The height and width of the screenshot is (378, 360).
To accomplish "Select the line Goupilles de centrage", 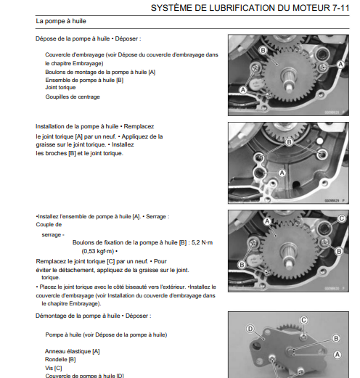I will coord(73,96).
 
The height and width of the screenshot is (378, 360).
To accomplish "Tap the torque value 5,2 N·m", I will coord(206,244).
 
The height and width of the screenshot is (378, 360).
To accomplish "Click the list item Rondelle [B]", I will coord(60,359).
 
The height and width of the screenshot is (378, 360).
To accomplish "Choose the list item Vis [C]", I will coord(54,367).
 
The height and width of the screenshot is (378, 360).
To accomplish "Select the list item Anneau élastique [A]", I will coord(73,351).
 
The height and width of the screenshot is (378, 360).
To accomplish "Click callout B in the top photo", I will coord(262,49).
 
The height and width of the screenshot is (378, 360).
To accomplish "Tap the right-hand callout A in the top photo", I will coord(339,65).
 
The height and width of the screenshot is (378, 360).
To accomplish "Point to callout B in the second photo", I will coord(289,144).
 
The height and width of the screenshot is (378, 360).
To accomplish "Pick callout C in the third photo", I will coord(342,218).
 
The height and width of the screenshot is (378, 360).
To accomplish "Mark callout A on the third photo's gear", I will coord(266,221).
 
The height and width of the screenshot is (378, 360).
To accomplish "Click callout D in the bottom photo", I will coord(250,329).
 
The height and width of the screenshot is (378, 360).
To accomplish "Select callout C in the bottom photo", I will coord(304,320).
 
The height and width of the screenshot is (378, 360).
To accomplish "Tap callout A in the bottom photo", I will coord(336,355).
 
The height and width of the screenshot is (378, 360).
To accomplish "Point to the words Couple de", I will coord(50,224).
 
